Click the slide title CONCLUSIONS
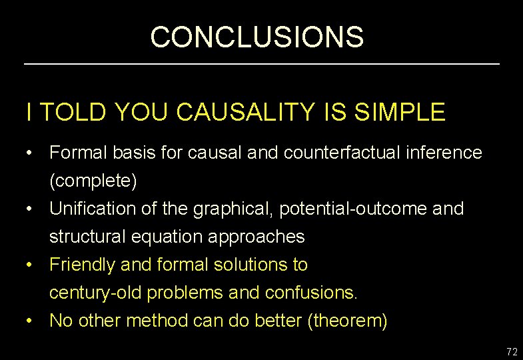(257, 37)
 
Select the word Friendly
(82, 265)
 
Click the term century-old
(95, 293)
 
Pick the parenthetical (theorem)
(347, 321)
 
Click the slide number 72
(512, 352)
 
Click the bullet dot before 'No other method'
(31, 321)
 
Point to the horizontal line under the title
(261, 64)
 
